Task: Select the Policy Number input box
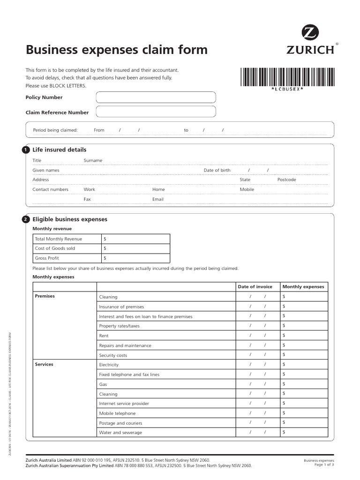click(156, 97)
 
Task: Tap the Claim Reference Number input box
click(156, 112)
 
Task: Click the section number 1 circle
click(25, 150)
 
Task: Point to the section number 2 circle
click(25, 219)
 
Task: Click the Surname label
click(93, 160)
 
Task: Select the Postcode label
click(286, 180)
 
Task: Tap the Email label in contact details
click(158, 199)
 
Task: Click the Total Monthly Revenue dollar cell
click(135, 239)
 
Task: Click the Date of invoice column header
click(255, 286)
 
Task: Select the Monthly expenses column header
click(303, 286)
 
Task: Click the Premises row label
click(45, 296)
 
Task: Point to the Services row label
click(45, 364)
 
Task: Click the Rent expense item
click(104, 336)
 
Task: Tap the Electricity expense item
click(109, 365)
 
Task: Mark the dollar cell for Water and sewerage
click(303, 432)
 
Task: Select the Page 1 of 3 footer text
click(324, 465)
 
